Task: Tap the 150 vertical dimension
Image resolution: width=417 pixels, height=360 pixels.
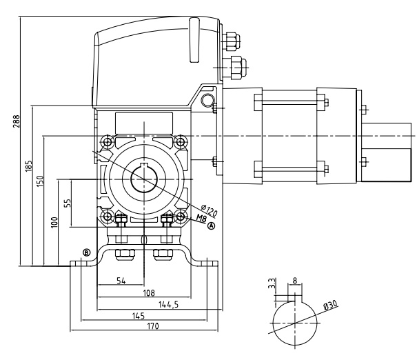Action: [x=39, y=181]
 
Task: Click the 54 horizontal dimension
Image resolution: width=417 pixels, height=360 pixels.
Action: [x=120, y=281]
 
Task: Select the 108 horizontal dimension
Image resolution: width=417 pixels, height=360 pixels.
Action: [x=148, y=292]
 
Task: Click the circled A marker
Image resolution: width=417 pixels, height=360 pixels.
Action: [x=212, y=225]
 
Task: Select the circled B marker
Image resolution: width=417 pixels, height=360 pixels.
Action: [x=86, y=252]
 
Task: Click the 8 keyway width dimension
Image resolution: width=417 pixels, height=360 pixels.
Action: [x=295, y=281]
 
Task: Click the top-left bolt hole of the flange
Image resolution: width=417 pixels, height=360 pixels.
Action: [x=108, y=143]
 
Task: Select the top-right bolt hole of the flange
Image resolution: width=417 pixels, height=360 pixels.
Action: [x=181, y=143]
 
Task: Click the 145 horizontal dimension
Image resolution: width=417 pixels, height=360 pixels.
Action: [x=139, y=315]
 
